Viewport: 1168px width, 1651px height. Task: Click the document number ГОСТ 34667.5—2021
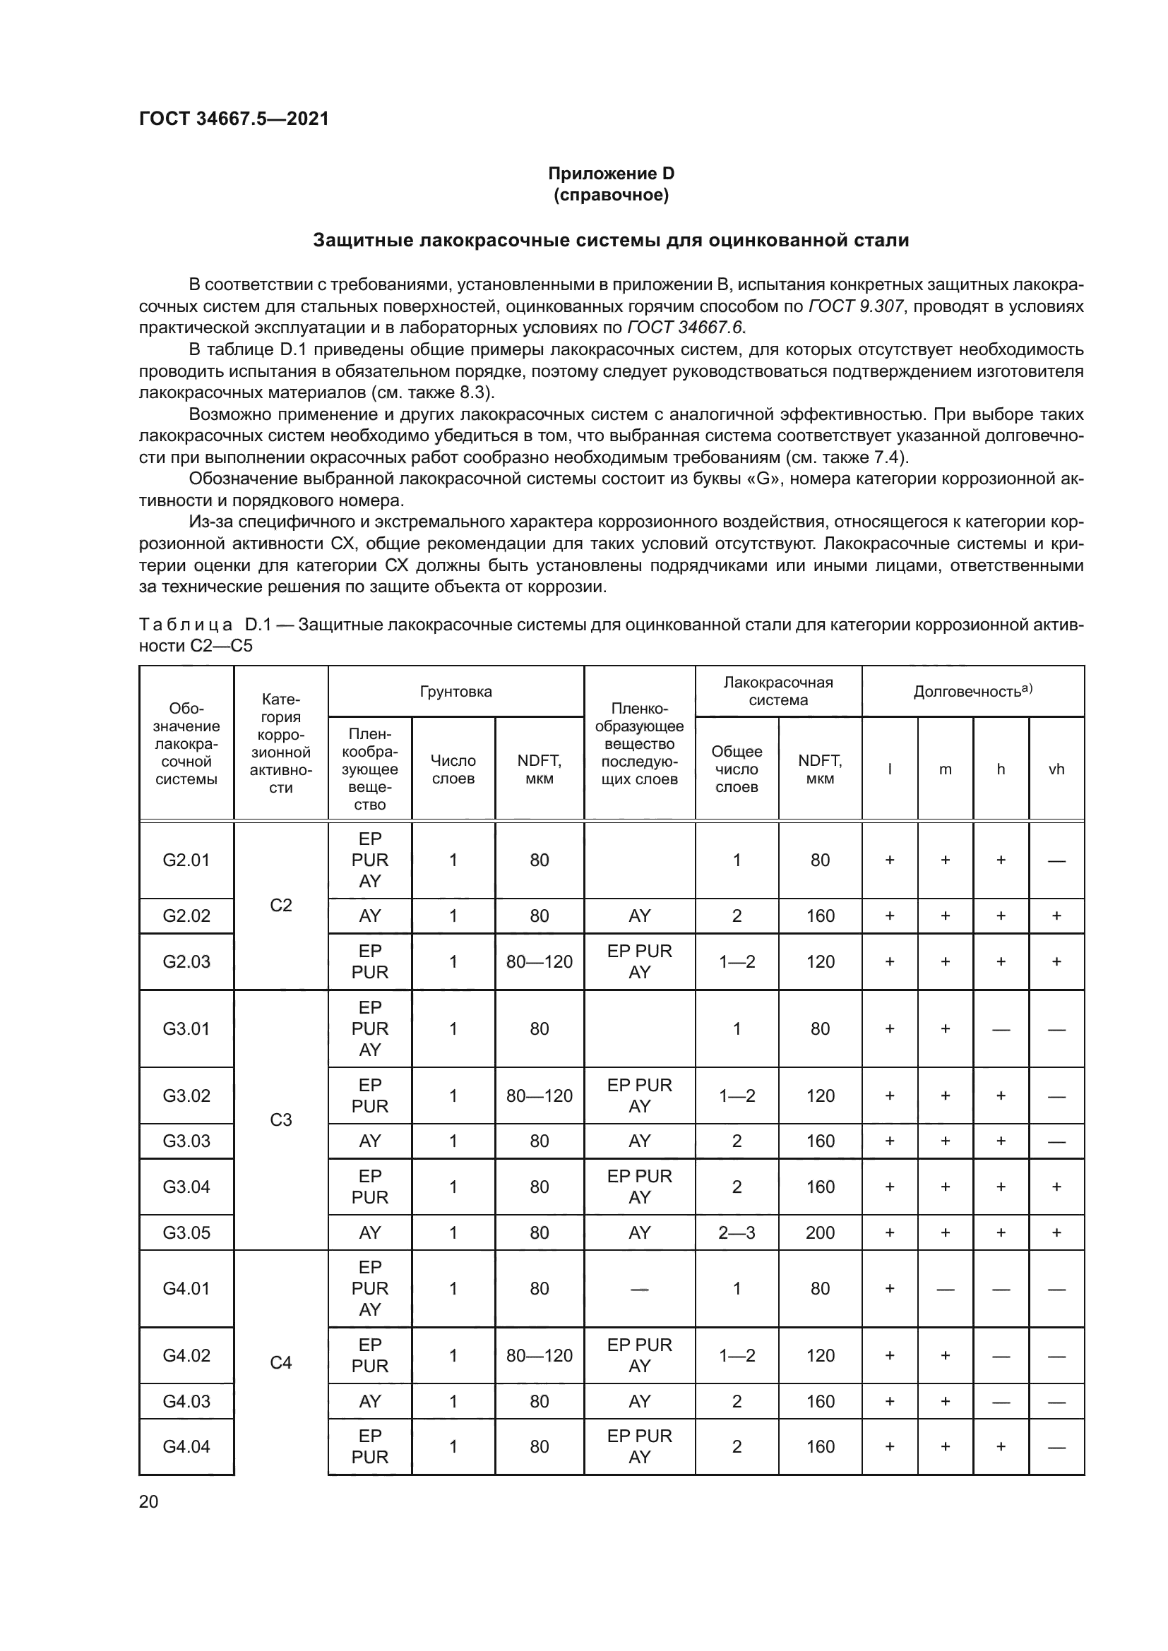pos(234,119)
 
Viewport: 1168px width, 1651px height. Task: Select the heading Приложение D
pos(611,174)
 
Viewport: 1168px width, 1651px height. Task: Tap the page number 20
pos(148,1501)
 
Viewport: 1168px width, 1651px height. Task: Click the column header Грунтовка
pos(455,692)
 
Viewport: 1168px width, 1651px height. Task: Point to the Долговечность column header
pos(972,691)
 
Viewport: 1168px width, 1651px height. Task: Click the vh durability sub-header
pos(1056,769)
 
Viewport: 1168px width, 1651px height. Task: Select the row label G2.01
pos(186,860)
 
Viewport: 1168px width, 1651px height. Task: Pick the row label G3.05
pos(186,1232)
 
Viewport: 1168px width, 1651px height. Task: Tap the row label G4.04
pos(186,1446)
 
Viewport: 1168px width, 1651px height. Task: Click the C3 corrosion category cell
pos(280,1119)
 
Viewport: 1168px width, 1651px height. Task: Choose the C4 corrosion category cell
pos(280,1362)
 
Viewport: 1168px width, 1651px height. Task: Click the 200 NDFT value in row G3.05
pos(820,1232)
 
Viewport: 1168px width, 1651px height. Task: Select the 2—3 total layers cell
pos(737,1232)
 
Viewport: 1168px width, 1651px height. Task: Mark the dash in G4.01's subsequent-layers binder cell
pos(638,1289)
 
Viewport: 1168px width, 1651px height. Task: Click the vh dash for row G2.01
pos(1056,860)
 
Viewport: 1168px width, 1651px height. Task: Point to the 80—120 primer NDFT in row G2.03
pos(540,961)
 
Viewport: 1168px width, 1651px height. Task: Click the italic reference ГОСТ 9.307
pos(855,306)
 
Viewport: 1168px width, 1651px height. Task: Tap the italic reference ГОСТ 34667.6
pos(686,328)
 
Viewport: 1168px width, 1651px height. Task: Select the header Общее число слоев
pos(737,769)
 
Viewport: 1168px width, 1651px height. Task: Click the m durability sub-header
pos(945,769)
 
